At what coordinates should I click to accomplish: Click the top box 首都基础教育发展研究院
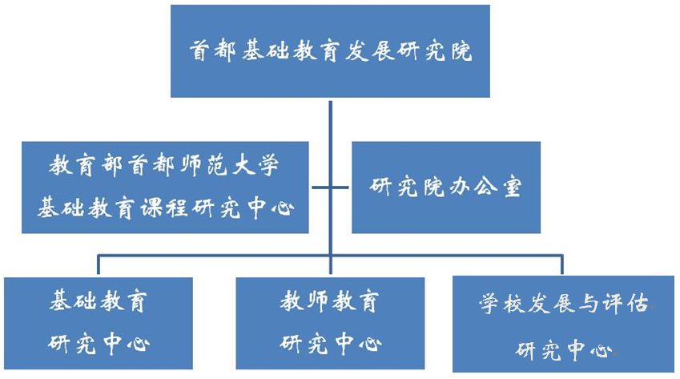click(x=330, y=51)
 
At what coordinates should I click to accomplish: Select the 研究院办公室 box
click(x=446, y=187)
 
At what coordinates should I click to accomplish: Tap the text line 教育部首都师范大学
click(x=165, y=167)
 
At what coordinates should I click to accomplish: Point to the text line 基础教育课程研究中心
click(x=165, y=209)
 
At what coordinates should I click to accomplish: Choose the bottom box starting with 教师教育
click(x=330, y=324)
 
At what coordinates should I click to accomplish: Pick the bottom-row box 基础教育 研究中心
click(x=99, y=324)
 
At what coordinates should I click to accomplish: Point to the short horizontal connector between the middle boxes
click(x=330, y=188)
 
